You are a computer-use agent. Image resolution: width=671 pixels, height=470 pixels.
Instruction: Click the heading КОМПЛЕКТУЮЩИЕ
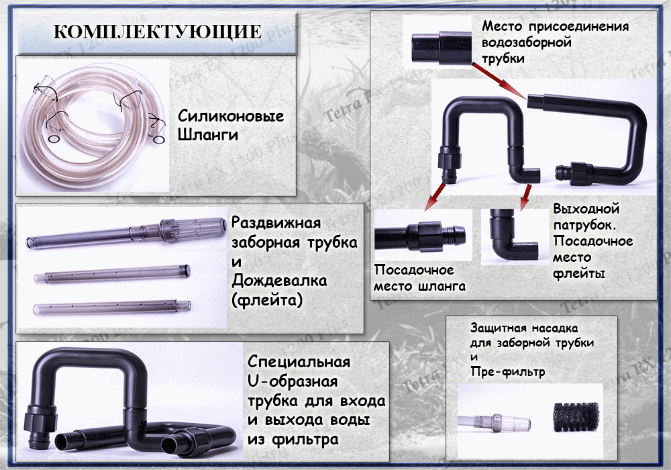pyautogui.click(x=157, y=32)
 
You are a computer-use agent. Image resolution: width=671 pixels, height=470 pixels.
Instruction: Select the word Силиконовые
pyautogui.click(x=231, y=116)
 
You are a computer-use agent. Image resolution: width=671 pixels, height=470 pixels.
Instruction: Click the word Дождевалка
pyautogui.click(x=279, y=281)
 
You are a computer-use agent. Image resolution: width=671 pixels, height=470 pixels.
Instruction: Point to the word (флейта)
pyautogui.click(x=267, y=299)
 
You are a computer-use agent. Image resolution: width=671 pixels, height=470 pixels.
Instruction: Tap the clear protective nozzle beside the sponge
pyautogui.click(x=496, y=422)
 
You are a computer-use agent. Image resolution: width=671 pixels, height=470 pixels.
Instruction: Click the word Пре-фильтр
pyautogui.click(x=507, y=371)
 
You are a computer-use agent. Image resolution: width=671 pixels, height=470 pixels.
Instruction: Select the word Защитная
pyautogui.click(x=499, y=328)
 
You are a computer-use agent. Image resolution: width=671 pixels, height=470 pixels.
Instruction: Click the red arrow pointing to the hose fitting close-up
pyautogui.click(x=434, y=197)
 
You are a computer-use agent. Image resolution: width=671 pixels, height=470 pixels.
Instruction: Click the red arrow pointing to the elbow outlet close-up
pyautogui.click(x=525, y=197)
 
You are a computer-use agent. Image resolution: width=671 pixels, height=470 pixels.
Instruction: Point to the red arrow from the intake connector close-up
pyautogui.click(x=499, y=81)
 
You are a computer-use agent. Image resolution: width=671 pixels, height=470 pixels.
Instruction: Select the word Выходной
pyautogui.click(x=586, y=209)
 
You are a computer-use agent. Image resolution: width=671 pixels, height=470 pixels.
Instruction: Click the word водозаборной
pyautogui.click(x=527, y=42)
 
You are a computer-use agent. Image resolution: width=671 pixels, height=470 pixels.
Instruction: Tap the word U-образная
pyautogui.click(x=293, y=381)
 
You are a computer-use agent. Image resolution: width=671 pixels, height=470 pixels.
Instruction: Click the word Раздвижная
pyautogui.click(x=276, y=223)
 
